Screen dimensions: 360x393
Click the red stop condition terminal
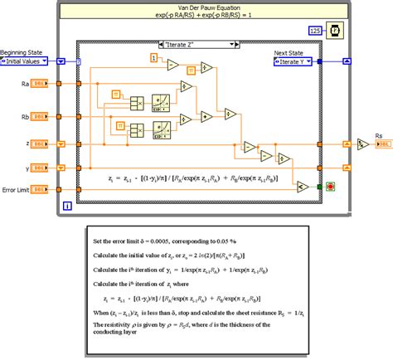[331, 186]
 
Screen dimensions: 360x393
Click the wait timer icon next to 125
[333, 31]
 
